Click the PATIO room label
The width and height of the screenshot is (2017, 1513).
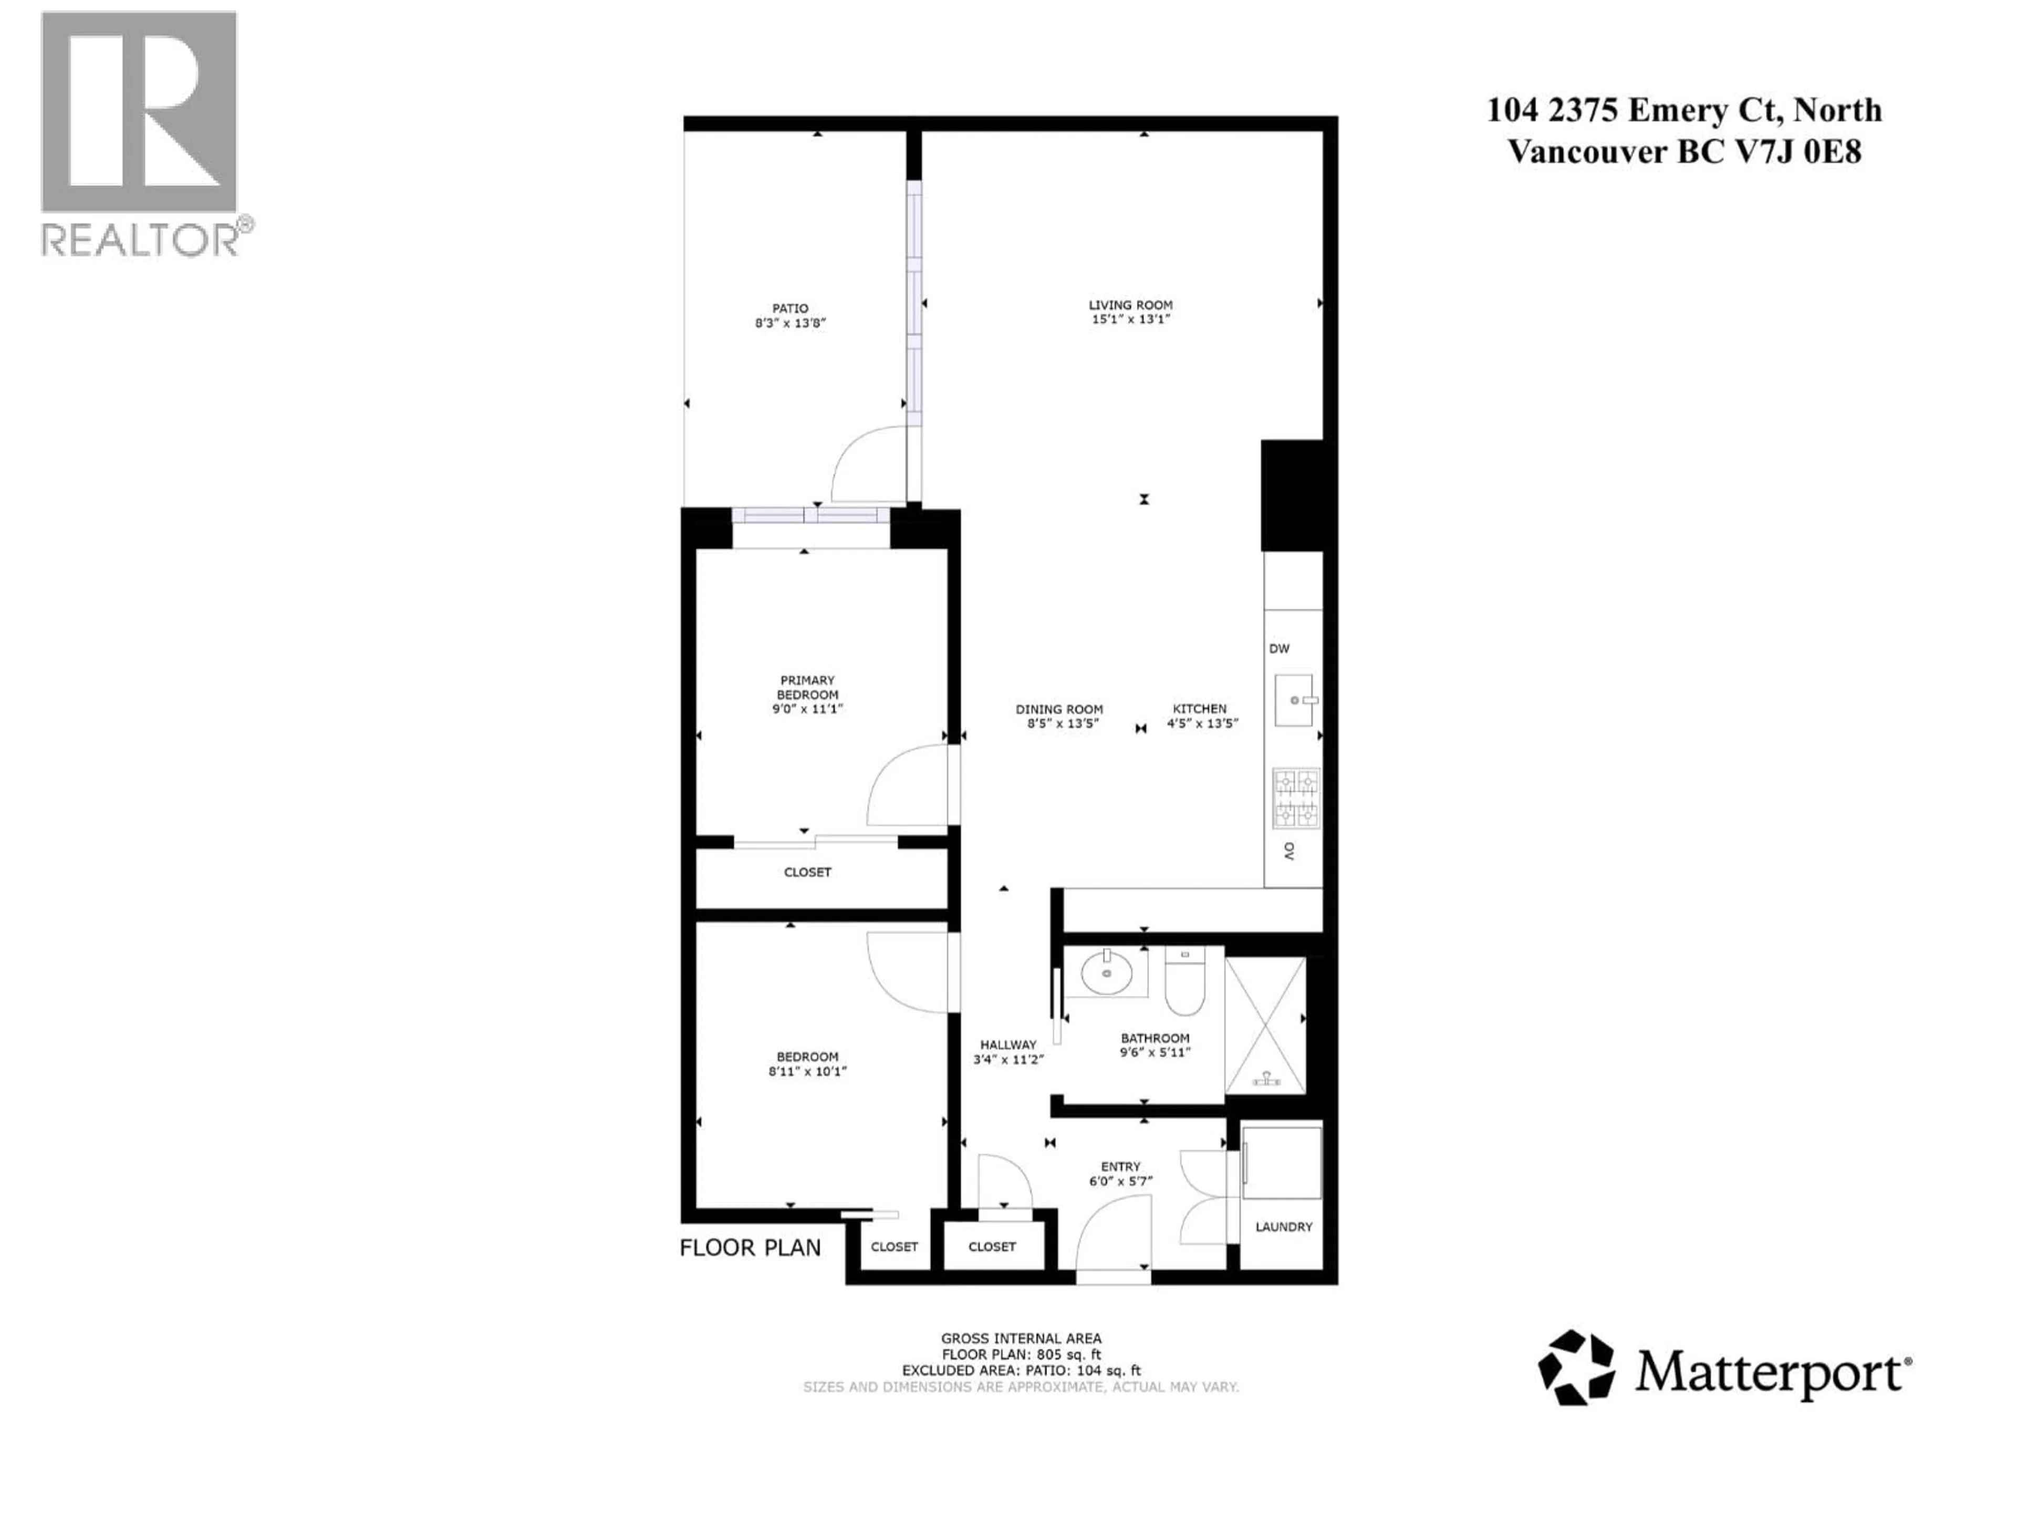click(789, 308)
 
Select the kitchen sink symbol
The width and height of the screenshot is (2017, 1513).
click(1293, 700)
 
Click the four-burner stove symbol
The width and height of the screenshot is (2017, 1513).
click(1296, 798)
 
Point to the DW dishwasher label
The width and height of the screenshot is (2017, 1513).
click(1280, 648)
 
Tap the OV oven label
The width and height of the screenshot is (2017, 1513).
click(1290, 851)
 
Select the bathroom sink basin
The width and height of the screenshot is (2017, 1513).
click(1106, 974)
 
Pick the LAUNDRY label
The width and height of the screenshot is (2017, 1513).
click(1283, 1227)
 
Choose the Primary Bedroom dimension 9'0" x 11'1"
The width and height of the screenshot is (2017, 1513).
click(807, 709)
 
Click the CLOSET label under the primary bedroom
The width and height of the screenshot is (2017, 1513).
click(807, 872)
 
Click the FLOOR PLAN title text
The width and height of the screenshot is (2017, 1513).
click(750, 1248)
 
